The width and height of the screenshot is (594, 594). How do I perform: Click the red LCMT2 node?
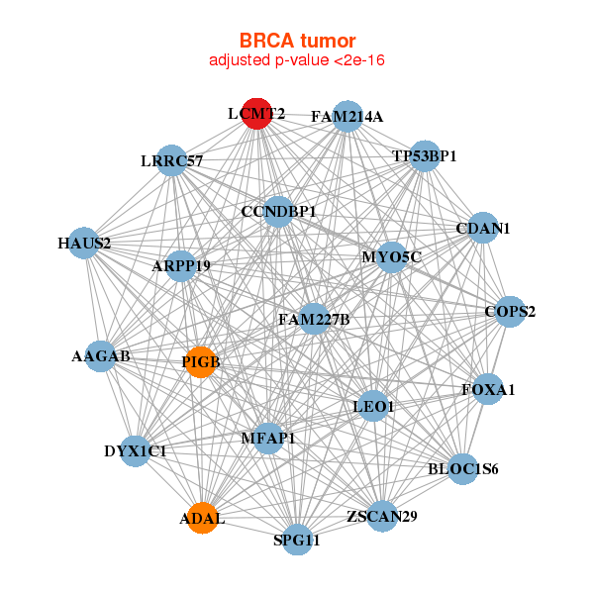coord(256,113)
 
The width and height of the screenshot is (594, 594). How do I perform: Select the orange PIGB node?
coord(201,362)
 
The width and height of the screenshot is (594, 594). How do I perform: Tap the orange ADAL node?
coord(203,519)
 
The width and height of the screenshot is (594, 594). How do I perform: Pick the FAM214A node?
coord(346,116)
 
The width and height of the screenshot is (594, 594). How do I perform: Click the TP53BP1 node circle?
coord(424,155)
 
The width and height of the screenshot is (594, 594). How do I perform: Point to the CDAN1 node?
coord(482,228)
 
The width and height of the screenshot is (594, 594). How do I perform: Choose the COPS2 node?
coord(510,312)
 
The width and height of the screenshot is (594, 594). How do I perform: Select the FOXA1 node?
coord(488,389)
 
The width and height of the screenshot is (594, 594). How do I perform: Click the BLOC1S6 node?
coord(462,468)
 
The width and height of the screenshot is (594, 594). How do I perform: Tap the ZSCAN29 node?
coord(382,516)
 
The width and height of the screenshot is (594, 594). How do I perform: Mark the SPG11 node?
coord(298,540)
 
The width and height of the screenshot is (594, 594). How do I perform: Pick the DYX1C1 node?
coord(136,450)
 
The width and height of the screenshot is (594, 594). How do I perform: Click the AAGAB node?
coord(101,355)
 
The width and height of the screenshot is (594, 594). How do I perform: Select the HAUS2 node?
coord(83,243)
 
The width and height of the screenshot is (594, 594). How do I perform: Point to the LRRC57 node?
coord(171,159)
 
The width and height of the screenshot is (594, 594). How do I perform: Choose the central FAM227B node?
coord(313,319)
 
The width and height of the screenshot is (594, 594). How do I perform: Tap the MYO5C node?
coord(391,257)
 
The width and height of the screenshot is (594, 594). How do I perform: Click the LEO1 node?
coord(373,406)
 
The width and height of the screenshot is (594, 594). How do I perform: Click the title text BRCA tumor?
coord(297,41)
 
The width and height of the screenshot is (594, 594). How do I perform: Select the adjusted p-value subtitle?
coord(297,60)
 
